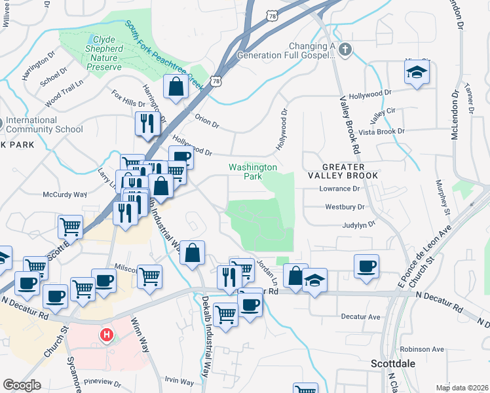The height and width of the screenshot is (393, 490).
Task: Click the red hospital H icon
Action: tap(105, 335)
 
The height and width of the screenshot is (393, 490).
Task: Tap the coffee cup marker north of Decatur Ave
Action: tap(366, 266)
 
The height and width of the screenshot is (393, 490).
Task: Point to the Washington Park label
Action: tap(252, 172)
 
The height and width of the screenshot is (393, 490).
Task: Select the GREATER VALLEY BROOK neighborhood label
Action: tap(344, 171)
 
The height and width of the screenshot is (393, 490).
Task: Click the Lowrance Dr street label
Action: tap(339, 189)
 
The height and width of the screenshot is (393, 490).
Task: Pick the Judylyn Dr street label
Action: tap(358, 224)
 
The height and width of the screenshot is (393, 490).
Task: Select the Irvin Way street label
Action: tap(179, 381)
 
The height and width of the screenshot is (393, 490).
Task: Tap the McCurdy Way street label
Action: tap(65, 195)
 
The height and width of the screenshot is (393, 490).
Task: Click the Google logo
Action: tap(22, 385)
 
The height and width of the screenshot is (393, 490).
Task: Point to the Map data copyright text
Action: tap(461, 388)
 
